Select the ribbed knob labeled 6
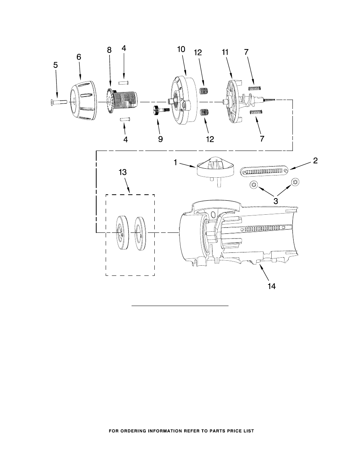[84, 100]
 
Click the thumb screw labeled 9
[161, 110]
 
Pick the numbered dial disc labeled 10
[185, 100]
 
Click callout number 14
[271, 286]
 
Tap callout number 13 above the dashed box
[123, 172]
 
